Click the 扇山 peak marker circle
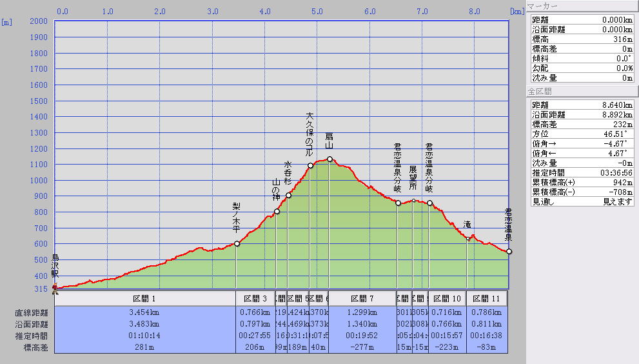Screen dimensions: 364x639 click(x=329, y=159)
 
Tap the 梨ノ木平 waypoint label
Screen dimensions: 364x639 click(x=236, y=217)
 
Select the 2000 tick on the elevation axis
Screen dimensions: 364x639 click(x=39, y=21)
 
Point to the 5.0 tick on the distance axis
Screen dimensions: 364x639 click(x=317, y=11)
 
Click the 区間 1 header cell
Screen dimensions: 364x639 click(x=144, y=299)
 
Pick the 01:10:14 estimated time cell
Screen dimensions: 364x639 click(x=144, y=336)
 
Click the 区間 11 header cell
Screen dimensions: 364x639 click(x=487, y=299)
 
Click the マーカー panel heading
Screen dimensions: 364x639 click(x=543, y=6)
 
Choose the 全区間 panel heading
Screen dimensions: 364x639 click(x=540, y=92)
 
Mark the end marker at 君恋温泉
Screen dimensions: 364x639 click(x=509, y=251)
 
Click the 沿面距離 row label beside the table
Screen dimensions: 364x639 click(x=32, y=324)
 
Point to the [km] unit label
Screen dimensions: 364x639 click(x=516, y=11)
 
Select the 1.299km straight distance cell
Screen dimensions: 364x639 click(x=362, y=312)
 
